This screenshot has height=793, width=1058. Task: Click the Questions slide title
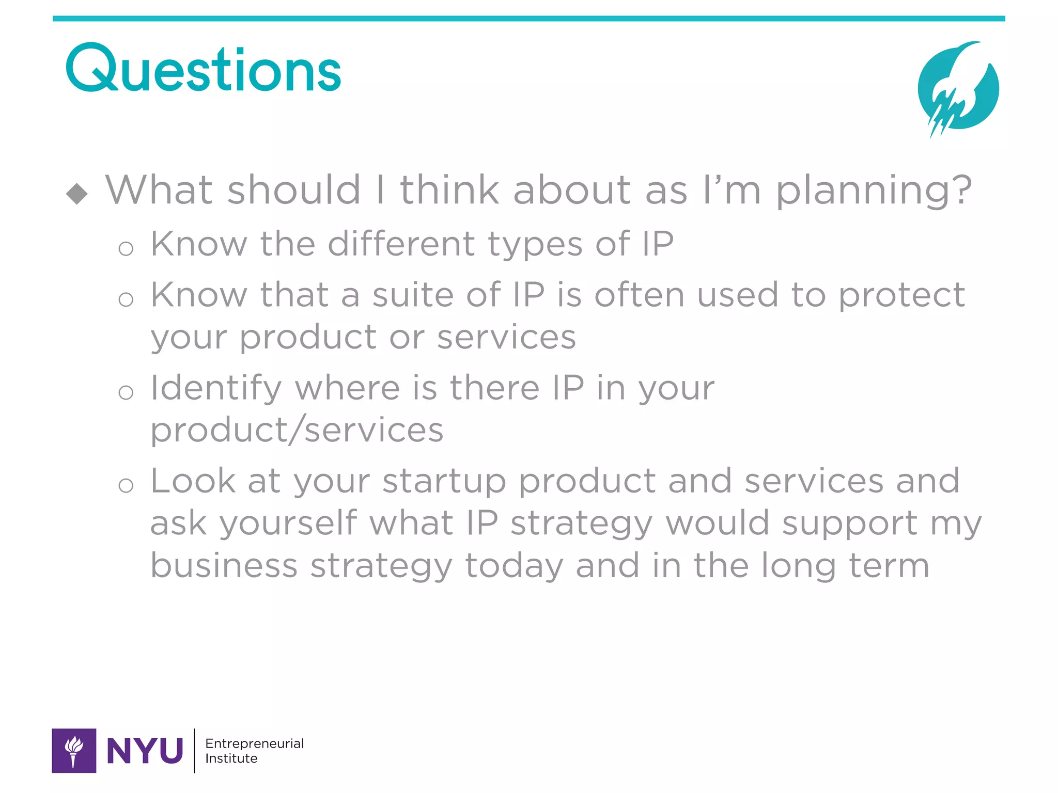click(x=204, y=70)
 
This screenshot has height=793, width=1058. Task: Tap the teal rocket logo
click(x=958, y=88)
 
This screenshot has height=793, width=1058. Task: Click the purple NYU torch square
click(x=74, y=750)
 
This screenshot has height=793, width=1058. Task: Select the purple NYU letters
click(x=145, y=751)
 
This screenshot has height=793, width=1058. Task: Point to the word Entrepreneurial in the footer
click(x=254, y=743)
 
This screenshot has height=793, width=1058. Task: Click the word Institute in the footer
click(x=231, y=758)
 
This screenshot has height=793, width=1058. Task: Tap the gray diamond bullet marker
click(x=77, y=194)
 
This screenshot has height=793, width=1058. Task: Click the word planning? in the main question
click(x=874, y=191)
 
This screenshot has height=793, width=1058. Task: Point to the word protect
click(x=901, y=296)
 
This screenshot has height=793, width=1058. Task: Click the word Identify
click(x=216, y=389)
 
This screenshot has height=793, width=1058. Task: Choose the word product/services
click(x=297, y=430)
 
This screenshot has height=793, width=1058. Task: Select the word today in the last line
click(x=514, y=566)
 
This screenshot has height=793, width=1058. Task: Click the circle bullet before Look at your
click(x=126, y=485)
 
